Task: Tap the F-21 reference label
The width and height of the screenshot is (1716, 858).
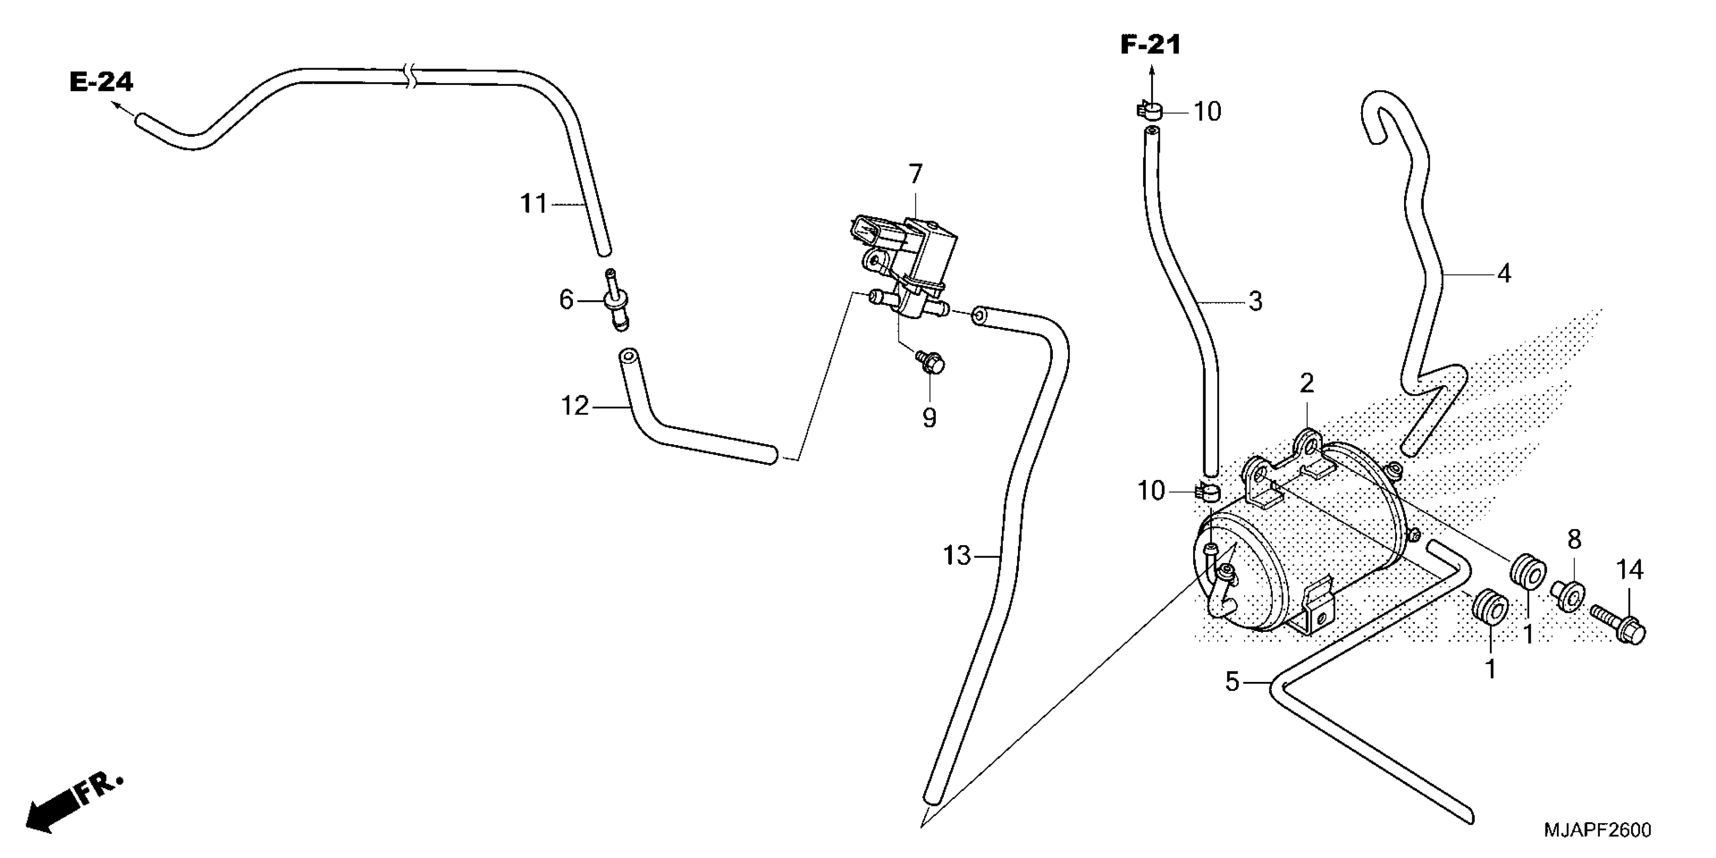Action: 1150,45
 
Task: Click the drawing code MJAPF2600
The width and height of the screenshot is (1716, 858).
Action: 1597,831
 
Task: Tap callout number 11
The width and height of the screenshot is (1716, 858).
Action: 533,203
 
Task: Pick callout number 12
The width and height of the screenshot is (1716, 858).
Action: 575,406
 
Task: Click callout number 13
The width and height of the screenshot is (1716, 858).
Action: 957,556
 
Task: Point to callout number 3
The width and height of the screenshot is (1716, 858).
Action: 1255,301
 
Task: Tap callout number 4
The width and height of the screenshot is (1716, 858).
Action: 1504,273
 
